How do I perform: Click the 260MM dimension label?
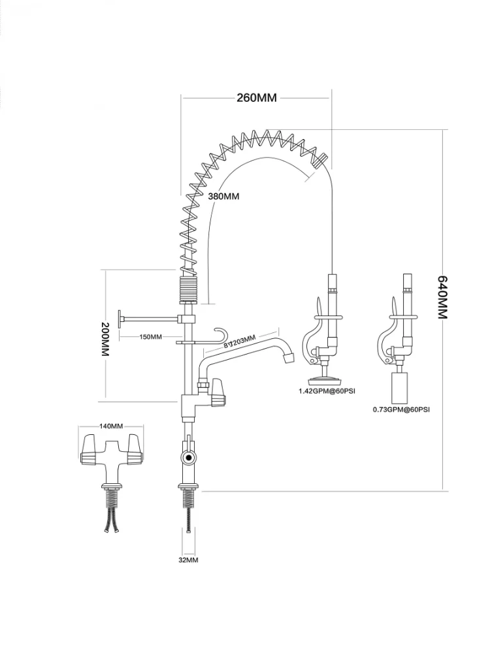(x=257, y=98)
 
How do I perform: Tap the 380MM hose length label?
(x=223, y=196)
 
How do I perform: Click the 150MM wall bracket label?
(x=150, y=336)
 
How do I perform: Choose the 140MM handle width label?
(x=111, y=426)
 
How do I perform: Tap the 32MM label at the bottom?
(x=188, y=560)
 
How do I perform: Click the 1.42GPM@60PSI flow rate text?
(x=327, y=391)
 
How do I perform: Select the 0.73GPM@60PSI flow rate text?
(x=401, y=409)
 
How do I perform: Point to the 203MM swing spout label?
(x=240, y=341)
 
